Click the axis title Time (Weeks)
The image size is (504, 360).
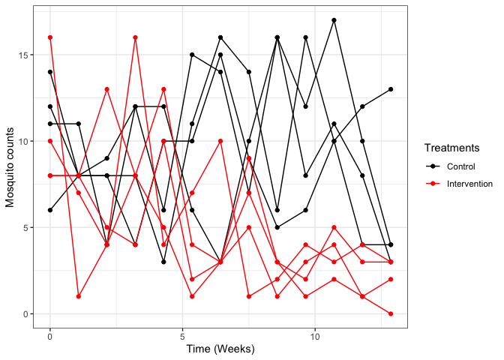click(220, 349)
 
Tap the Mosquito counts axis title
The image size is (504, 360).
click(10, 169)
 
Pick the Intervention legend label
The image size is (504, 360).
click(469, 184)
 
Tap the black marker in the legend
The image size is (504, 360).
click(432, 166)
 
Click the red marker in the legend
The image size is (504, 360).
click(432, 184)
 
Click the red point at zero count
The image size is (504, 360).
click(391, 313)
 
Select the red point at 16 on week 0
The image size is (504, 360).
click(50, 37)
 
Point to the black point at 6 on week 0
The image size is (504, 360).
click(50, 210)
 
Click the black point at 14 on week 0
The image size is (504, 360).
click(50, 72)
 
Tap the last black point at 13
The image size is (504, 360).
click(391, 89)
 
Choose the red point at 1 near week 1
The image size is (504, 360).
click(79, 296)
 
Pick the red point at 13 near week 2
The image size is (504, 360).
click(107, 89)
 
